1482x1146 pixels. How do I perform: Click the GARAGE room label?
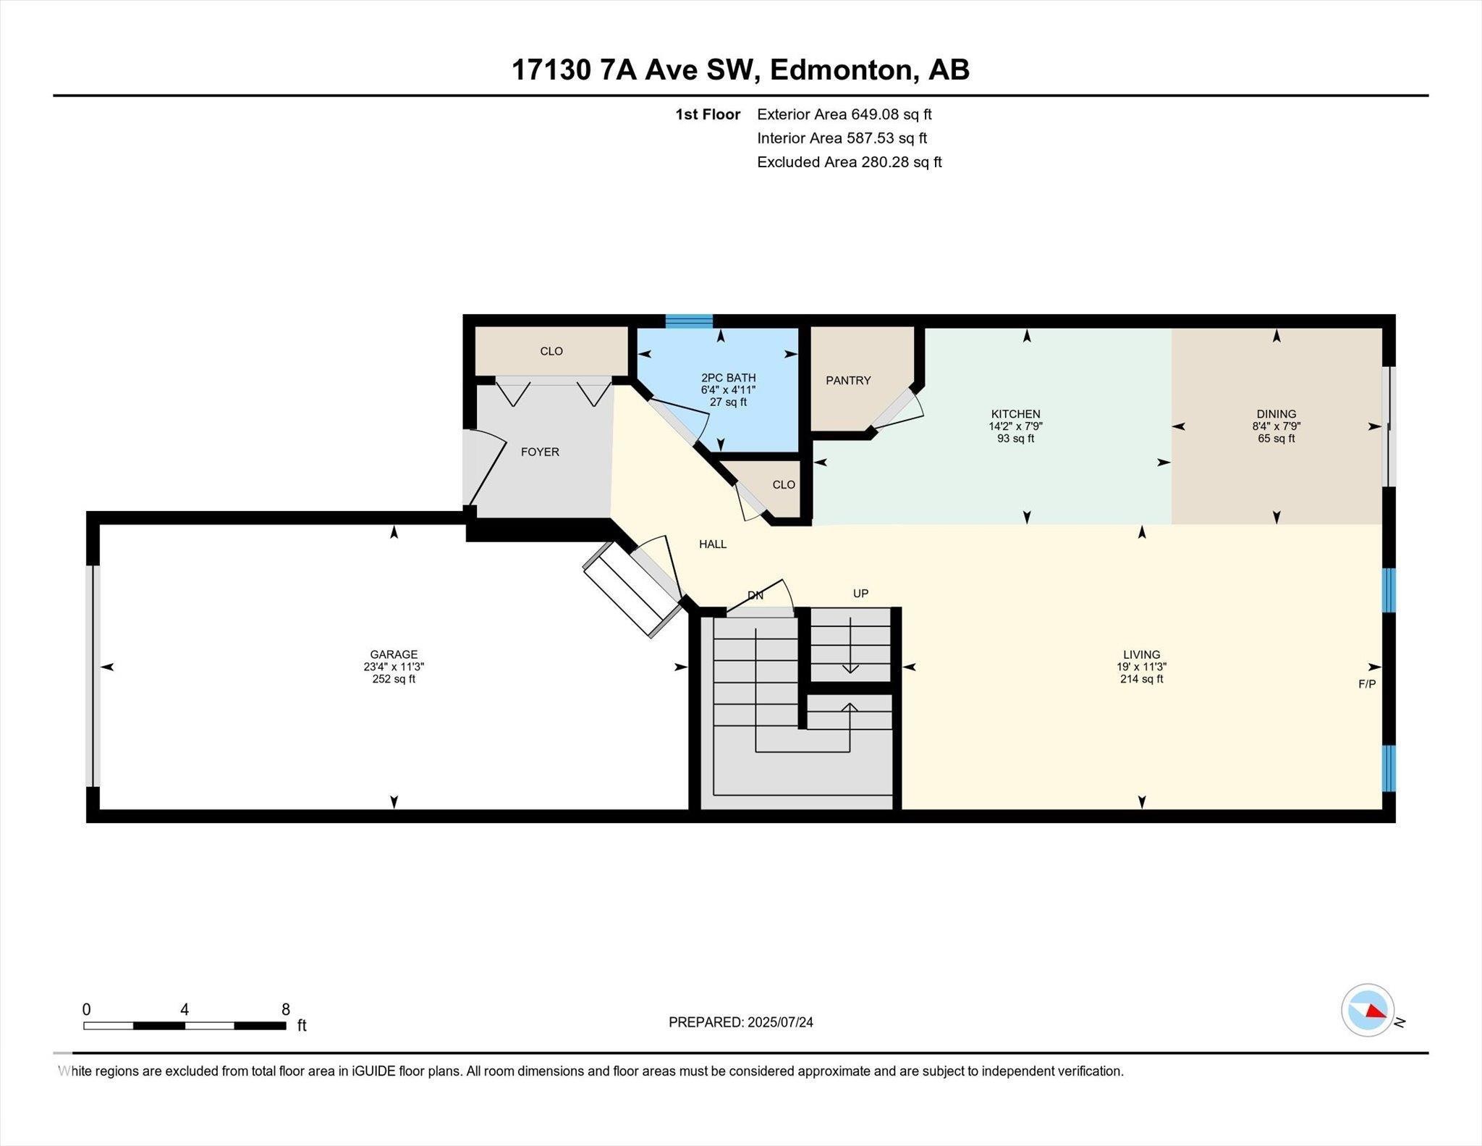pos(394,654)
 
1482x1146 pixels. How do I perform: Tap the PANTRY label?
pos(848,380)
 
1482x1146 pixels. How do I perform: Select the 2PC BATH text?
pos(728,378)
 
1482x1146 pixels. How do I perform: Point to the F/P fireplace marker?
pos(1366,683)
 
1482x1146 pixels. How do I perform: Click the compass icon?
pos(1367,1010)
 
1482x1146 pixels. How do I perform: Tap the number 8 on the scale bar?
pos(286,1010)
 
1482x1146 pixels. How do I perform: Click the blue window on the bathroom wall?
pos(689,321)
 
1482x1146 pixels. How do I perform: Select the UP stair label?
pos(860,594)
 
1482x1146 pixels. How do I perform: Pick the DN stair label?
pos(755,596)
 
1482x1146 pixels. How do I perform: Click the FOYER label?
pos(540,452)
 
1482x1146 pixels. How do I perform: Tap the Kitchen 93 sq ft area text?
pos(1015,439)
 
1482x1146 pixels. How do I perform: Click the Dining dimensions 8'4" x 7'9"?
pos(1276,426)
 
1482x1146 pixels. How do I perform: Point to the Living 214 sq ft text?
pos(1141,679)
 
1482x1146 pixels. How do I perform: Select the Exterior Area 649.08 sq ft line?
pos(844,114)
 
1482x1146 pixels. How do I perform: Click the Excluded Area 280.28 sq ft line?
pos(849,162)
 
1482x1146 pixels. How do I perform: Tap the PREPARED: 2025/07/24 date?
pos(740,1022)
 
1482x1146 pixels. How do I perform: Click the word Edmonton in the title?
pos(843,70)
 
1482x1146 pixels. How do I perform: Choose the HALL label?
pos(712,544)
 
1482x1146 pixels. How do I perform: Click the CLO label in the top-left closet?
pos(551,351)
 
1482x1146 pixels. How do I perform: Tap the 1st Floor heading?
pos(707,114)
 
